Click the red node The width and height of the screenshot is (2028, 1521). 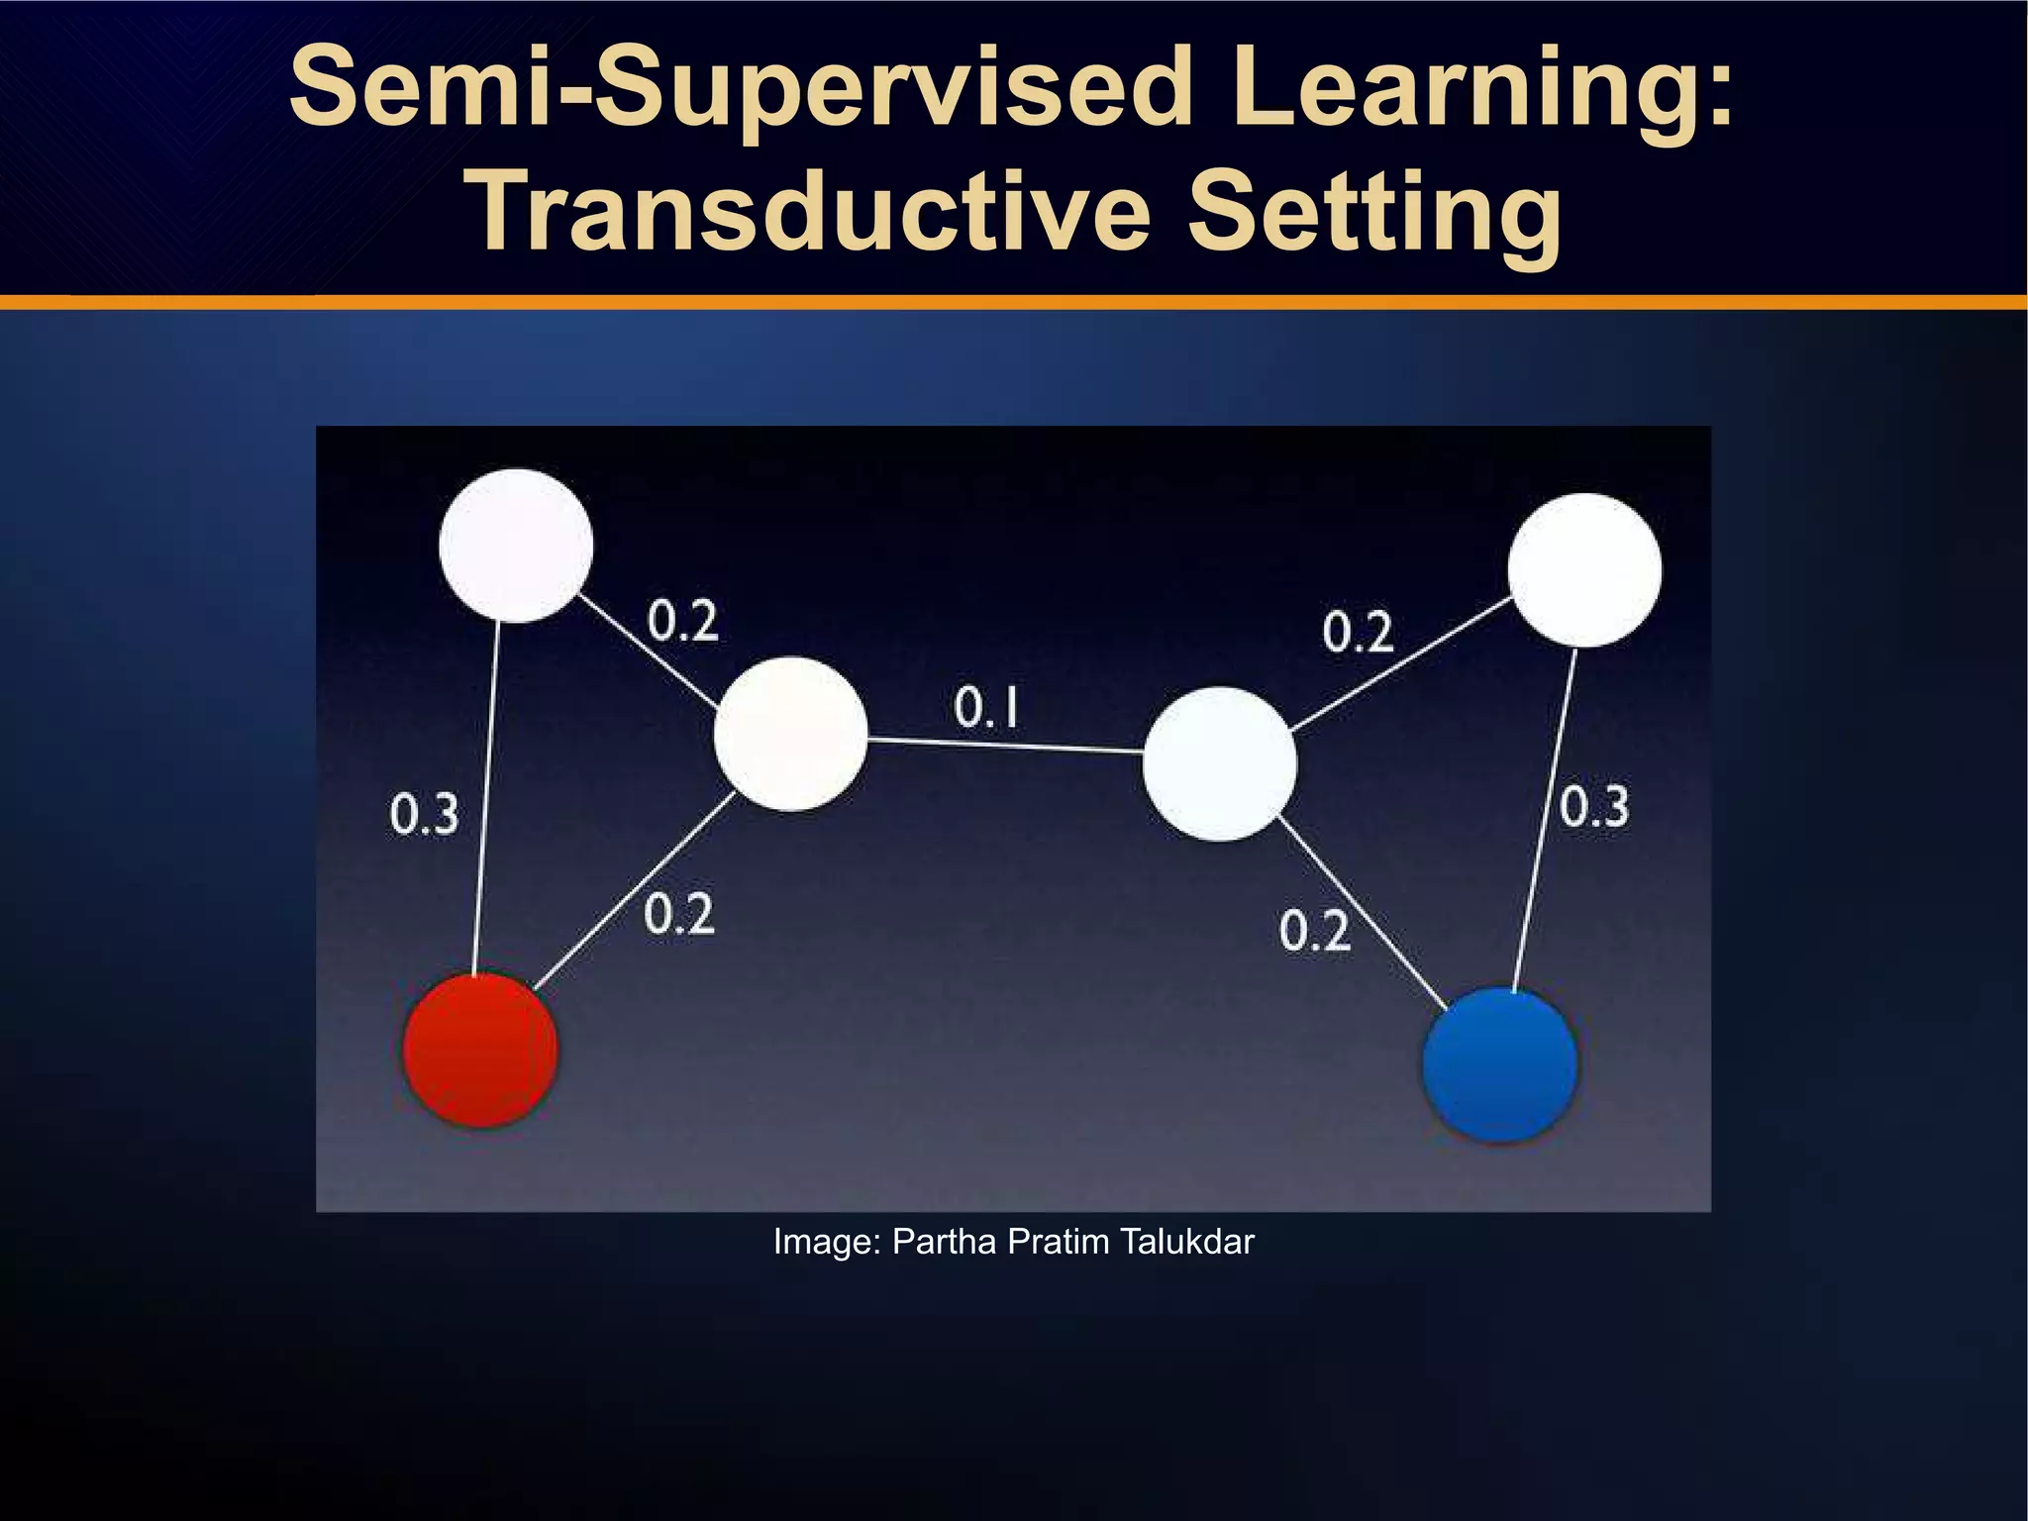coord(480,1050)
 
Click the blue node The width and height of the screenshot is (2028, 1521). coord(1499,1065)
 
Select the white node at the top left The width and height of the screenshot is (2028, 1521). coord(516,546)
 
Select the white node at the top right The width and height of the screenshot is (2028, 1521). coord(1584,570)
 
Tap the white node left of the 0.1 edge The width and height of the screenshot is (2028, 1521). coord(790,734)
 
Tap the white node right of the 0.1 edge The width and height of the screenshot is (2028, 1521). coord(1219,763)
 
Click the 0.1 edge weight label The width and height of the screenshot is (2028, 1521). coord(986,708)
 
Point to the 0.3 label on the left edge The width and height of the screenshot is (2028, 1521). coord(424,815)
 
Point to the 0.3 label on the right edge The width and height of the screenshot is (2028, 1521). coord(1593,806)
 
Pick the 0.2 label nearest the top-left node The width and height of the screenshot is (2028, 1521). coord(682,622)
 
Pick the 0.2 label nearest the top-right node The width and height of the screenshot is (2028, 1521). coord(1358,632)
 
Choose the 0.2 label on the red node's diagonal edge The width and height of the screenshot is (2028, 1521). coord(678,913)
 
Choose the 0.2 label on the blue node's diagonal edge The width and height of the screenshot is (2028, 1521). coord(1314,931)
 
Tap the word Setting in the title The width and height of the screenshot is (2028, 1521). coord(1373,211)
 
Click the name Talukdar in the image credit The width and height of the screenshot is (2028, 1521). coord(1187,1242)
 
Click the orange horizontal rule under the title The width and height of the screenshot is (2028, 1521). coord(1014,302)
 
